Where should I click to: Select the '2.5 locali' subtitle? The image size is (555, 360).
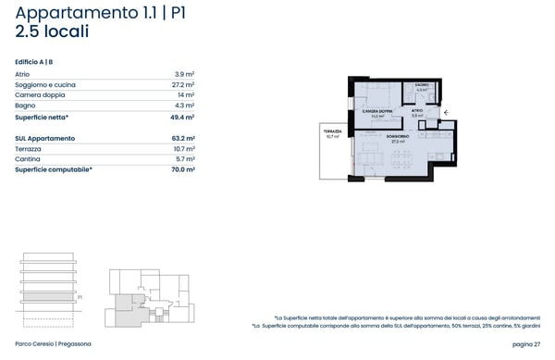[x=53, y=31]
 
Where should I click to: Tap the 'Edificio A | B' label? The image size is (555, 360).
[x=34, y=61]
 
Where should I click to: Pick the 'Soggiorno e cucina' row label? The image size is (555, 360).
[x=45, y=85]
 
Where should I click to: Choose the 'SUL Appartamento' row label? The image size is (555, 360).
[x=45, y=138]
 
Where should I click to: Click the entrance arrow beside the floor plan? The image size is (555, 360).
[x=445, y=112]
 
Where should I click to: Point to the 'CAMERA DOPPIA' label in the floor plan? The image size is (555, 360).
[x=377, y=111]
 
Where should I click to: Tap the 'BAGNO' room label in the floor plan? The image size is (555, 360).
[x=422, y=85]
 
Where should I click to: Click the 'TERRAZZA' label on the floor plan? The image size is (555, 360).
[x=332, y=131]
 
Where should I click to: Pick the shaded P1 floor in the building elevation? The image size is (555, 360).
[x=43, y=297]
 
